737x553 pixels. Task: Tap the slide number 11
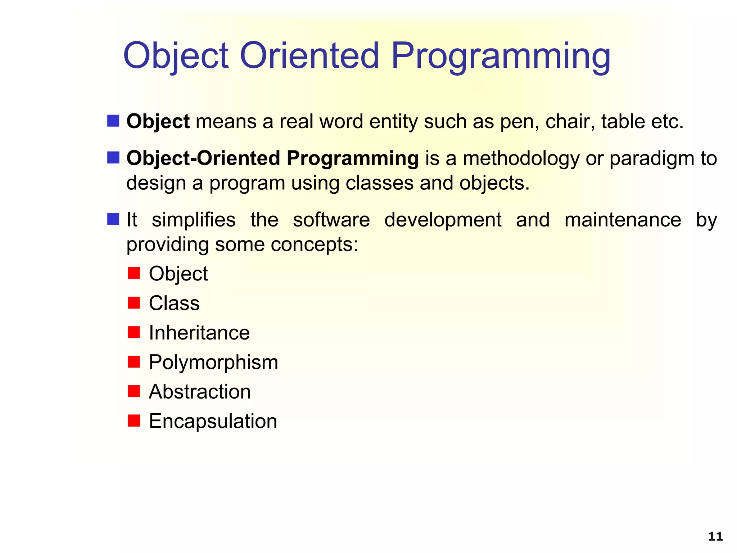point(715,536)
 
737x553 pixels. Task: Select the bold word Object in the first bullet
point(158,121)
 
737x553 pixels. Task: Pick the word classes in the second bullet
point(379,183)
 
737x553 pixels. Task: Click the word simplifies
point(194,220)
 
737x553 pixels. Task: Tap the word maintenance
point(623,220)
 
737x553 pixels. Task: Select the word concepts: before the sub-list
point(314,244)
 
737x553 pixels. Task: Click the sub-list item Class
point(174,303)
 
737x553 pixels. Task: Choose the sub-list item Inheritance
point(199,333)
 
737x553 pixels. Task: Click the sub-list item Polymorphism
point(213,362)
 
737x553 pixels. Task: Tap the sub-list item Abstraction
point(200,392)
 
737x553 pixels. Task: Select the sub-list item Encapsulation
point(213,421)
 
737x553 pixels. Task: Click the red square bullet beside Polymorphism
point(134,361)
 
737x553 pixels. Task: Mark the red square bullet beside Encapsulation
point(134,421)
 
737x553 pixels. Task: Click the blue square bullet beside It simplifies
point(113,219)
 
